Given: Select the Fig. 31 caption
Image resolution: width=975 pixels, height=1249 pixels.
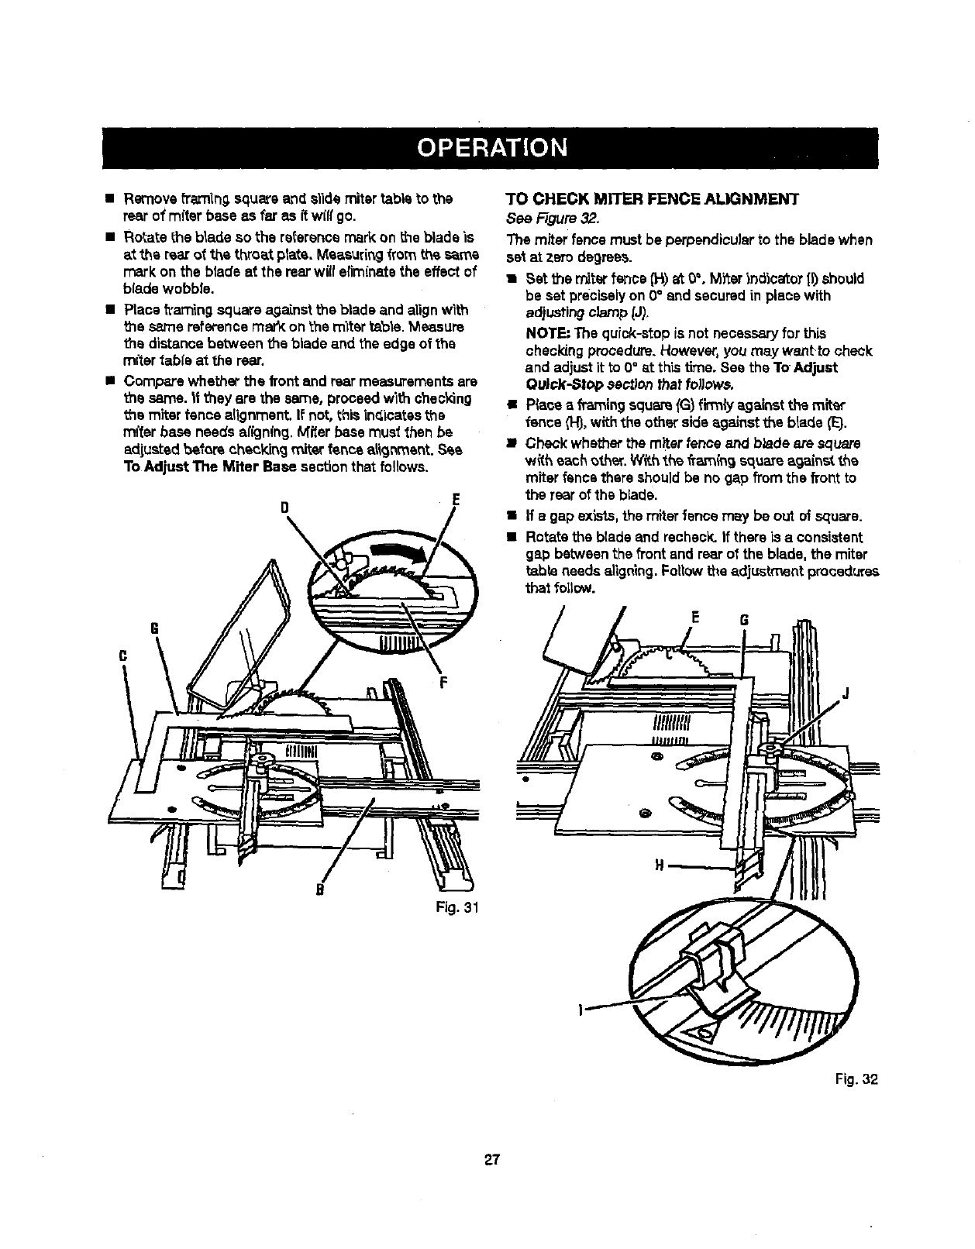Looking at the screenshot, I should click(x=460, y=908).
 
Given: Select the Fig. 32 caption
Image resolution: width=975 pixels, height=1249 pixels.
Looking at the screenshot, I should click(x=860, y=1079).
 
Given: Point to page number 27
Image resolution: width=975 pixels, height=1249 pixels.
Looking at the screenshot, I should click(x=487, y=1159).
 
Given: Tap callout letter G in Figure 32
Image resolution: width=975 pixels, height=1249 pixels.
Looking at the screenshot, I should click(x=745, y=620).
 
